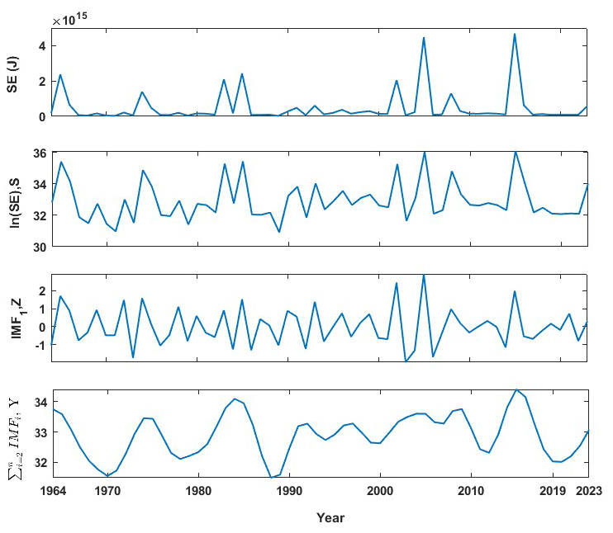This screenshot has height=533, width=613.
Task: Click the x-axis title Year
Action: [330, 518]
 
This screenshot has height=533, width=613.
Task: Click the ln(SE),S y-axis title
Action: [13, 199]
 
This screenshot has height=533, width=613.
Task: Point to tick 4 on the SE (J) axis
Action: [42, 45]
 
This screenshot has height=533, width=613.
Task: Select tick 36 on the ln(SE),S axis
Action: [38, 153]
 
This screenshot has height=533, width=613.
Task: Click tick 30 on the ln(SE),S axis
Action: [38, 246]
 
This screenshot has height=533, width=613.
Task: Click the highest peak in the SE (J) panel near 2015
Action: [515, 34]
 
